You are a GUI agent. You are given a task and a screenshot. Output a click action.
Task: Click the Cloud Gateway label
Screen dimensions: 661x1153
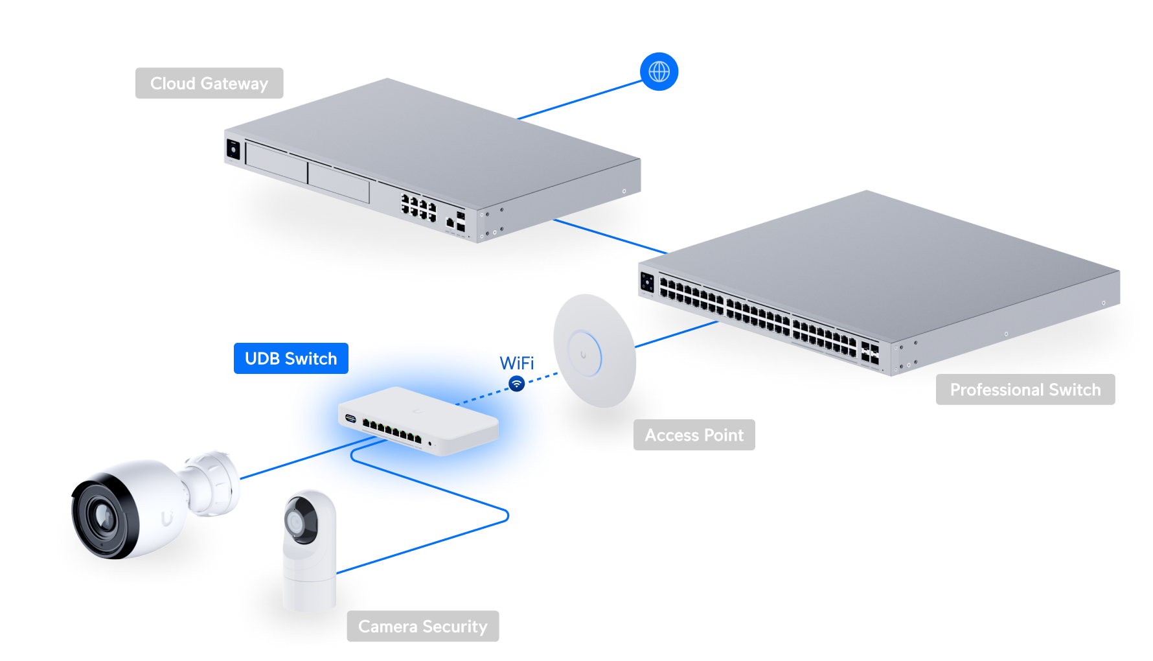pos(209,84)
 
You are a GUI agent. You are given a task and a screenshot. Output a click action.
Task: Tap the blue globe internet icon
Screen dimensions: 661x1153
pos(659,71)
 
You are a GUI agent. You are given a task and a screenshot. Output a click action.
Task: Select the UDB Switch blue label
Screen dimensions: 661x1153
pos(290,358)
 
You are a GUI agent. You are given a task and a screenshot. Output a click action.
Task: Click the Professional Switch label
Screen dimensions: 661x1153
pos(1025,389)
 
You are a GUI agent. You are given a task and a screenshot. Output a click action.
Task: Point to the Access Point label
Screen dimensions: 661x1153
pos(694,435)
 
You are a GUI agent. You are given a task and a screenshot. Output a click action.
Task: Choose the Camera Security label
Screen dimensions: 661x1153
pos(422,626)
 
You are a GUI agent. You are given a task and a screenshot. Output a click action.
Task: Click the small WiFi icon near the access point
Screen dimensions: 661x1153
pos(516,384)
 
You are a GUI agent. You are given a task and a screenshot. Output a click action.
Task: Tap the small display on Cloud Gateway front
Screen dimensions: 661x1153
pos(233,150)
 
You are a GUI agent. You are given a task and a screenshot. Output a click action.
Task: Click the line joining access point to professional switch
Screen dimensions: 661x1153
pos(677,334)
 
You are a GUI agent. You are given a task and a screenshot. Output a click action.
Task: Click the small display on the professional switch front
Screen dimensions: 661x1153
pos(647,282)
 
